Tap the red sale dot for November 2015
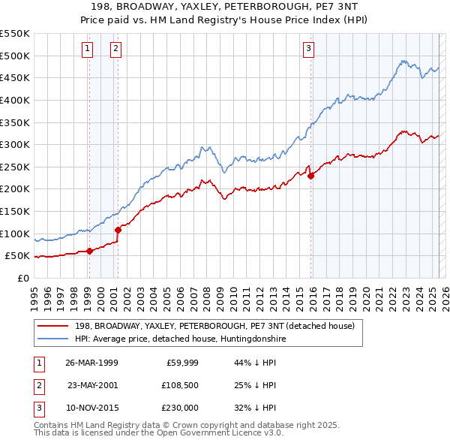[x=310, y=176]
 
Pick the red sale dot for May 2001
[x=118, y=230]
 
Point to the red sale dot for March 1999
[x=89, y=251]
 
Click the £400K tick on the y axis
[x=16, y=100]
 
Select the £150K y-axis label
[x=16, y=211]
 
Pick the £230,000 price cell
[x=179, y=408]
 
